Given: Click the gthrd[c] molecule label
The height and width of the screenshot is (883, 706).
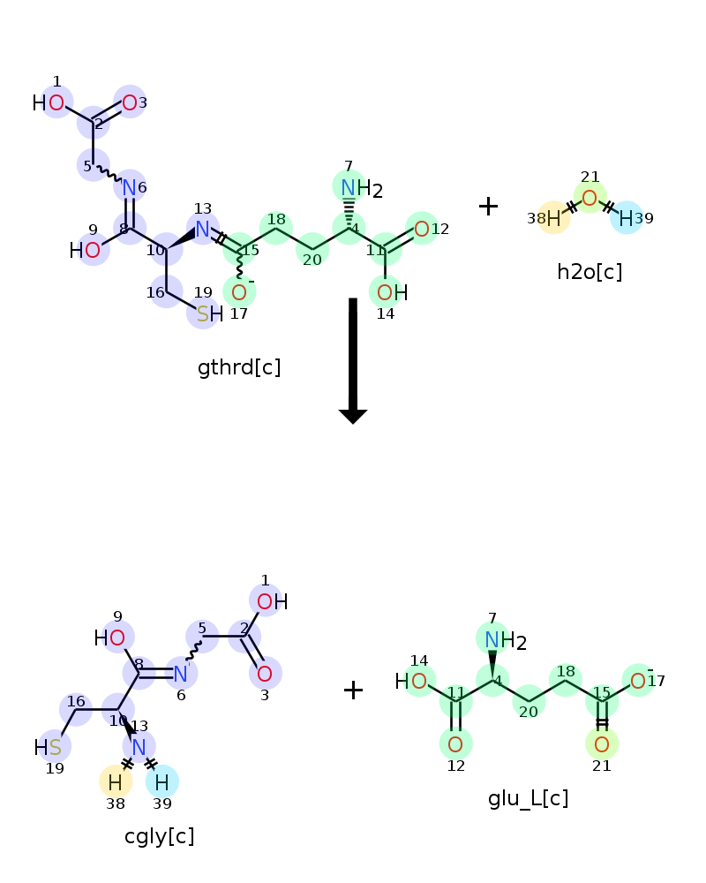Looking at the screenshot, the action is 239,367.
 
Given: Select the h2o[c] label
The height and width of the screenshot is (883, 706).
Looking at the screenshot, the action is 590,272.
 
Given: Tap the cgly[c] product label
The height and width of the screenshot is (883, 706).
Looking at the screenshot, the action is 160,836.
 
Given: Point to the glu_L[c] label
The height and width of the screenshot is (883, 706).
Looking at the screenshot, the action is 528,798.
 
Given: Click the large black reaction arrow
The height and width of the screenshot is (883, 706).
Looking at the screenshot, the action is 353,360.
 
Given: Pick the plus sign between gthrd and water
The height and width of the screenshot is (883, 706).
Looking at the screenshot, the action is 488,206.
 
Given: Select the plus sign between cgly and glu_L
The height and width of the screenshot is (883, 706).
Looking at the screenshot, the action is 353,690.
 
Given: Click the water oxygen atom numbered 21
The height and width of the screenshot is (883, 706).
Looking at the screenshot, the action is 590,198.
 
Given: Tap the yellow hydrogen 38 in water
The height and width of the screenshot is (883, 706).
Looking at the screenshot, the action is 554,218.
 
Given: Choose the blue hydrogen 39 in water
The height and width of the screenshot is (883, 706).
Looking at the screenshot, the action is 626,218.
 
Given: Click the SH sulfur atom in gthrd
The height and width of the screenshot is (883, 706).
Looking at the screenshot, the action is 203,313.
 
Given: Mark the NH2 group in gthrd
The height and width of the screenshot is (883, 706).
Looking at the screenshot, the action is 362,189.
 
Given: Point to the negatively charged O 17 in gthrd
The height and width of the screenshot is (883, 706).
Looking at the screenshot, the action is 239,292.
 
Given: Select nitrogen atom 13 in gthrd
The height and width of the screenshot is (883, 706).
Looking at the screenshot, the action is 203,230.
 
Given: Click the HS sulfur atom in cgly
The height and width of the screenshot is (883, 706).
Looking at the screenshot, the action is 55,748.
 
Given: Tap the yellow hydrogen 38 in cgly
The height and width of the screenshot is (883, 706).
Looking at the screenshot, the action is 116,782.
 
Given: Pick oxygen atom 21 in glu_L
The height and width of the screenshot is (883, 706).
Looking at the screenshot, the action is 602,744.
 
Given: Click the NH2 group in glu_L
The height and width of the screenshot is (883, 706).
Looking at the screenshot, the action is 506,641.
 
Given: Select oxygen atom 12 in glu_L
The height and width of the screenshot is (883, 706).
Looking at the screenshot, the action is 455,744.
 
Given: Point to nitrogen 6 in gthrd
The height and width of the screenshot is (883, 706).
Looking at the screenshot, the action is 130,187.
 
